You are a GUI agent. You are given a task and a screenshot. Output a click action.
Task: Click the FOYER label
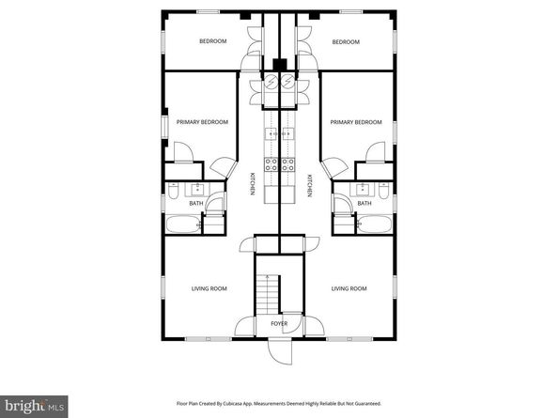(x=279, y=324)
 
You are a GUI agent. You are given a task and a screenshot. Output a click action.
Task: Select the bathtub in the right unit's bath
(x=375, y=225)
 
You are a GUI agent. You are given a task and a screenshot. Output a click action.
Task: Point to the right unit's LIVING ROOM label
(x=349, y=287)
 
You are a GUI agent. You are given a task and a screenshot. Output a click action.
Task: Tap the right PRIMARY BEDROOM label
(x=356, y=122)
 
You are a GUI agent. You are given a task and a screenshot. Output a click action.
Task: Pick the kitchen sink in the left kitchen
(x=271, y=135)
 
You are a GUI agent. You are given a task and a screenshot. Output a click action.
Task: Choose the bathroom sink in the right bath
(x=364, y=188)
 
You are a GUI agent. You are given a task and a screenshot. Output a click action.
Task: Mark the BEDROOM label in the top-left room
(x=212, y=41)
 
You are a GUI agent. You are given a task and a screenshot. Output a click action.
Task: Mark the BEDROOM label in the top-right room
(x=347, y=41)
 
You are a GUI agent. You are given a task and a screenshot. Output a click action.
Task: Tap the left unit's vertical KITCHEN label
(x=252, y=184)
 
